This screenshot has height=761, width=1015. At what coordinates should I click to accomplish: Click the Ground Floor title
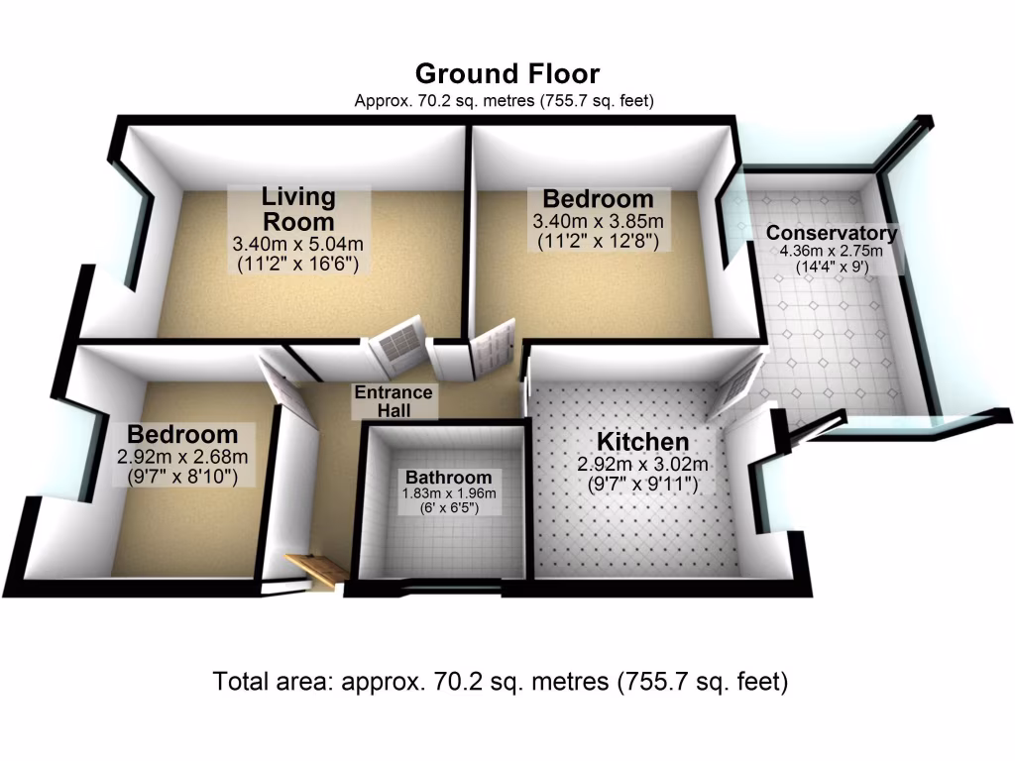(507, 74)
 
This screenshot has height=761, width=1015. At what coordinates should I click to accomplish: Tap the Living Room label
(297, 208)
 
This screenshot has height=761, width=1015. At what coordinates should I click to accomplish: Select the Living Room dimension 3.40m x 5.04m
(297, 243)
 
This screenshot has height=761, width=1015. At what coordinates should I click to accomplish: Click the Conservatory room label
(832, 234)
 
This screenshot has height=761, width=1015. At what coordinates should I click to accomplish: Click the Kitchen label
(641, 442)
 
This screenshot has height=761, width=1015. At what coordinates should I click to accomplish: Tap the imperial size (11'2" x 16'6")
(297, 263)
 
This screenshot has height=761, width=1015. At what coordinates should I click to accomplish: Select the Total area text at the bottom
(501, 683)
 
